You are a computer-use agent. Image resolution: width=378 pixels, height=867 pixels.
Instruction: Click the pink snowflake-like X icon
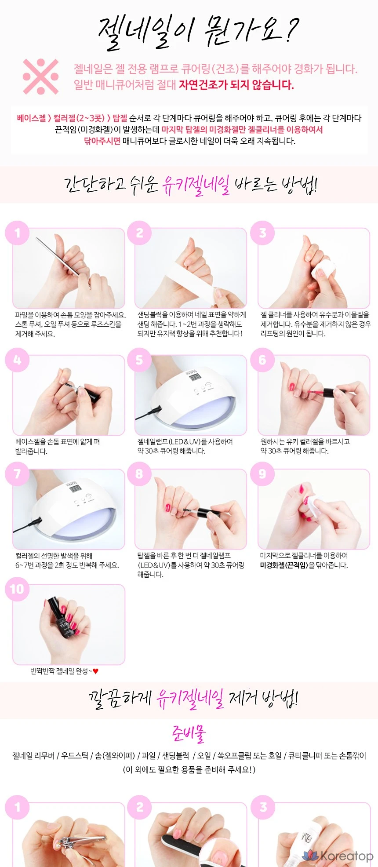point(41,76)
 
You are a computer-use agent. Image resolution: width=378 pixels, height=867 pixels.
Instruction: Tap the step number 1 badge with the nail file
point(17,233)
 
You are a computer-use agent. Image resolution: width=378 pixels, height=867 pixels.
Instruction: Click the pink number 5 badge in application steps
point(139,360)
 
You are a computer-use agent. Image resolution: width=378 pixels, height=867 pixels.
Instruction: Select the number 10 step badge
point(17,589)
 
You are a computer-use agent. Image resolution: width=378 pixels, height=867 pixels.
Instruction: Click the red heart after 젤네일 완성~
point(96,671)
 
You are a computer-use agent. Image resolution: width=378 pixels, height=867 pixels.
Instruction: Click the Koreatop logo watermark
point(338,856)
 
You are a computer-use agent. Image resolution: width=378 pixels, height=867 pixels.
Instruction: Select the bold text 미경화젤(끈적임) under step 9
point(284,565)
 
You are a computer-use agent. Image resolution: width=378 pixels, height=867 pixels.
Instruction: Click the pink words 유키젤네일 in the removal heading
point(190,698)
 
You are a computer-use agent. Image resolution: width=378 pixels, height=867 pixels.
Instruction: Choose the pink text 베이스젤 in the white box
point(31,118)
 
